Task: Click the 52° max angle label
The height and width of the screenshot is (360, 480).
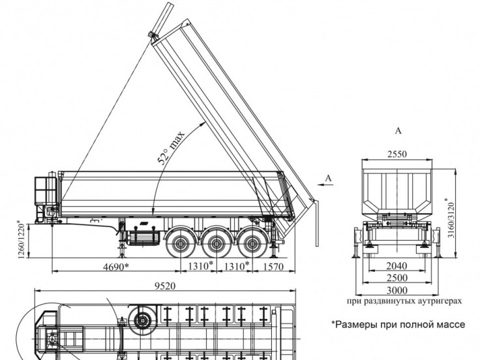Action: (171, 147)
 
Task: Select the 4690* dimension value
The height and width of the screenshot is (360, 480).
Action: (115, 267)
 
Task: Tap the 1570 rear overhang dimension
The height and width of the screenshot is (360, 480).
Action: (273, 267)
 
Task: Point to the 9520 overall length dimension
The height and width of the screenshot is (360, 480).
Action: (165, 286)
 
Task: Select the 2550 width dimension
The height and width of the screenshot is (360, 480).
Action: (397, 154)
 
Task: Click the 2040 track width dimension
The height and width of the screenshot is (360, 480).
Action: (397, 265)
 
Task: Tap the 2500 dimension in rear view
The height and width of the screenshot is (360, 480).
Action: (397, 278)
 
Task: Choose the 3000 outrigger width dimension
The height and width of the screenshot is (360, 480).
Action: (397, 290)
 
